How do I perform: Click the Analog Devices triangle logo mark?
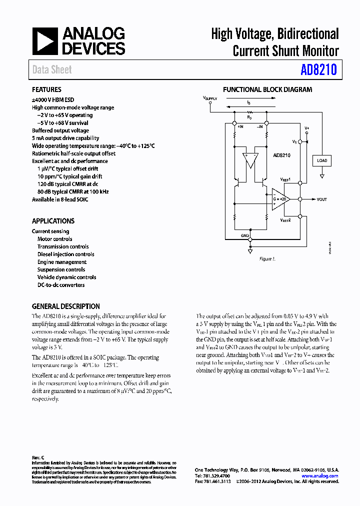pyautogui.click(x=45, y=41)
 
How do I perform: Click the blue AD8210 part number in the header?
pyautogui.click(x=318, y=70)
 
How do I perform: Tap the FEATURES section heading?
pyautogui.click(x=46, y=90)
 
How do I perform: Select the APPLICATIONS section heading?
pyautogui.click(x=53, y=221)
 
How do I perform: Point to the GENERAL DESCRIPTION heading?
pyautogui.click(x=65, y=306)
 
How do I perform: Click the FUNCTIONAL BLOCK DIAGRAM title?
pyautogui.click(x=267, y=90)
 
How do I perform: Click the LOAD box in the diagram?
pyautogui.click(x=322, y=160)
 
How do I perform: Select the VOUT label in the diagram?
pyautogui.click(x=321, y=199)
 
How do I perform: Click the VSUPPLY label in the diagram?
pyautogui.click(x=210, y=99)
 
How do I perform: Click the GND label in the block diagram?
pyautogui.click(x=245, y=235)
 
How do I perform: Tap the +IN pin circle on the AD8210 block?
pyautogui.click(x=234, y=122)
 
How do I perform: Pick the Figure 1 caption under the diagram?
pyautogui.click(x=267, y=259)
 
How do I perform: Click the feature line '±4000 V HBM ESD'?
pyautogui.click(x=53, y=100)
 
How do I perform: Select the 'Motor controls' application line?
pyautogui.click(x=55, y=239)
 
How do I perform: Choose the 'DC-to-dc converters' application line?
pyautogui.click(x=61, y=285)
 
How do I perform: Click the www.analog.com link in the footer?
pyautogui.click(x=320, y=476)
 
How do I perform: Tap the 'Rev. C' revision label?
pyautogui.click(x=38, y=457)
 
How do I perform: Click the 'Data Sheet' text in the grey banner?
pyautogui.click(x=52, y=70)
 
